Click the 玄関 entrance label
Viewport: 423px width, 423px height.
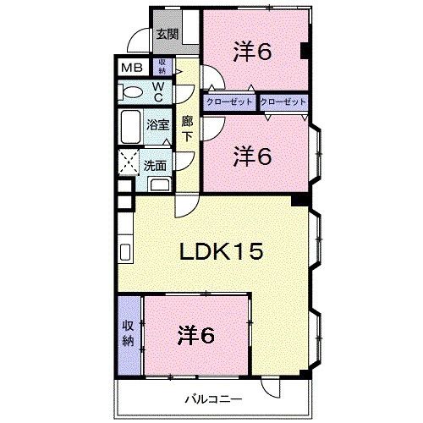[168, 35]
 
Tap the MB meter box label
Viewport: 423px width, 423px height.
[132, 68]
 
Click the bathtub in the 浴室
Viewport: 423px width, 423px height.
[130, 127]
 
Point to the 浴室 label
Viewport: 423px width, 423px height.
[157, 124]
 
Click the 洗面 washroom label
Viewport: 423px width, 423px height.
[155, 166]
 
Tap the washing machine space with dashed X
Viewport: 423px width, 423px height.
[129, 162]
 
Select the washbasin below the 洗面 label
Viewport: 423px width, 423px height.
[160, 184]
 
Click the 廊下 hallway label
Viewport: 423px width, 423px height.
[187, 129]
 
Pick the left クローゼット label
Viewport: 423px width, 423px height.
[229, 102]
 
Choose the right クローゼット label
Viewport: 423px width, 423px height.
[283, 102]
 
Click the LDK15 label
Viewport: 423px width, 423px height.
[222, 251]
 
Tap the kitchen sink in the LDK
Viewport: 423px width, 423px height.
[125, 252]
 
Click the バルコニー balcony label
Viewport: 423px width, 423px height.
[214, 399]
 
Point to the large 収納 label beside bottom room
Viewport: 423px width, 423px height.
[128, 333]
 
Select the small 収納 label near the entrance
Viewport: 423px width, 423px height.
[162, 66]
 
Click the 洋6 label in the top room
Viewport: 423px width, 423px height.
[252, 52]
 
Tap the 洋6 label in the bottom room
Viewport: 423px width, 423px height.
[196, 336]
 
